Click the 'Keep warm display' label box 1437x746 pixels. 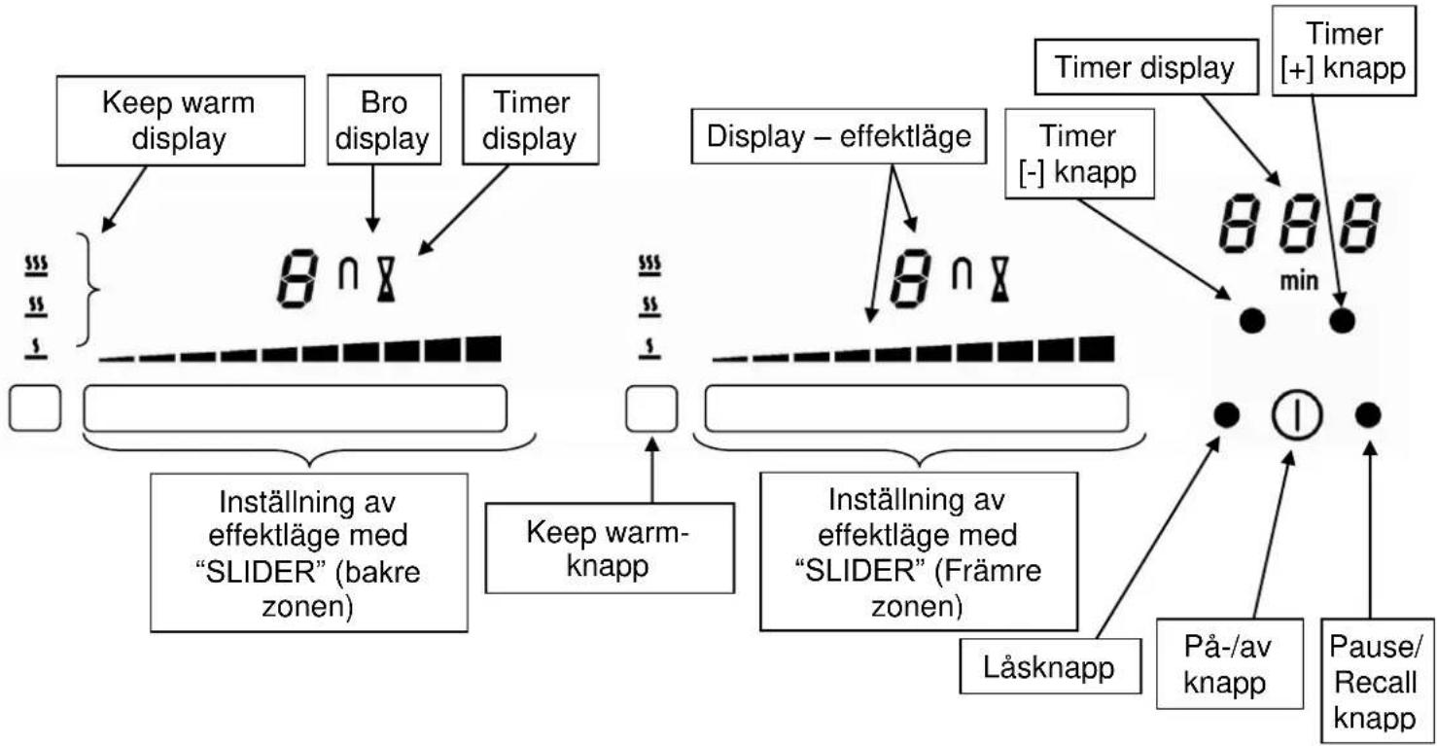[x=180, y=121]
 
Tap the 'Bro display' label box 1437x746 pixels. [x=384, y=120]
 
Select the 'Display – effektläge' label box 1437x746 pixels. [x=838, y=136]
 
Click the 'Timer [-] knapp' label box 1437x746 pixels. [x=1079, y=154]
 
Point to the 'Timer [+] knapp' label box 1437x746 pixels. [x=1344, y=51]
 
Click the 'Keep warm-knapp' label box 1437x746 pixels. [x=610, y=549]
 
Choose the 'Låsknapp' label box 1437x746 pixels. [x=1050, y=666]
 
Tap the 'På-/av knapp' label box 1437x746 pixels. [x=1229, y=664]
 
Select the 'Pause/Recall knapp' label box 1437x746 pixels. [x=1377, y=681]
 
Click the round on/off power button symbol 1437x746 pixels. [x=1297, y=414]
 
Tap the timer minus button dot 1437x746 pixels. [x=1252, y=320]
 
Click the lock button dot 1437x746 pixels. [x=1227, y=414]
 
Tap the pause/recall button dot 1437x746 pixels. [x=1368, y=414]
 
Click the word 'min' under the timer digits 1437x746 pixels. [x=1299, y=281]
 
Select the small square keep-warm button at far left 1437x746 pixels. [x=35, y=409]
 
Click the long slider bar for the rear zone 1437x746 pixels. [x=296, y=409]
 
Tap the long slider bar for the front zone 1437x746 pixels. [x=917, y=409]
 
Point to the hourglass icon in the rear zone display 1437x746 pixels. [x=386, y=278]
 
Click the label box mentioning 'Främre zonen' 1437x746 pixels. [x=919, y=551]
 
